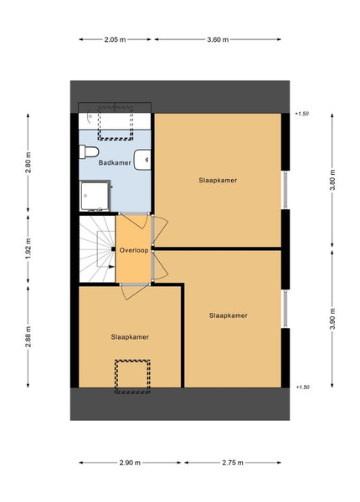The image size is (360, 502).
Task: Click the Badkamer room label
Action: tap(115, 162)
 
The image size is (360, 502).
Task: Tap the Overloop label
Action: tap(134, 250)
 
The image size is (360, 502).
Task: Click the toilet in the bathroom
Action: tap(89, 151)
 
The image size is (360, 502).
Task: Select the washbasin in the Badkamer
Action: tap(142, 160)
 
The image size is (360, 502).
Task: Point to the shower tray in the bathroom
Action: tap(95, 196)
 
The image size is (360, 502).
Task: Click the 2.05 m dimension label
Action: tap(115, 39)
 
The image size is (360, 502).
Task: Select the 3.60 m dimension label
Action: tap(218, 39)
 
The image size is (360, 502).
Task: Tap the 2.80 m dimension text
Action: tap(28, 162)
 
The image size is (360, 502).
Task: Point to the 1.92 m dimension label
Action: tap(28, 248)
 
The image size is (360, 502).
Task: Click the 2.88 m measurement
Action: tap(28, 336)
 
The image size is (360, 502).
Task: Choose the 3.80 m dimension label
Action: tap(332, 180)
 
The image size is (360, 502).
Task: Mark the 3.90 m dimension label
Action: tap(332, 319)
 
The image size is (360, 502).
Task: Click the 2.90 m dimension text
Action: tap(130, 463)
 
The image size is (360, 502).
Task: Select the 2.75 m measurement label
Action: tap(233, 463)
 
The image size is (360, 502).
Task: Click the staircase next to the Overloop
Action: tap(97, 249)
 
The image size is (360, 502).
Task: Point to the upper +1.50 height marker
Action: tap(302, 114)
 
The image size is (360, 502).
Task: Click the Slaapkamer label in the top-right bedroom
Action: tap(218, 180)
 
